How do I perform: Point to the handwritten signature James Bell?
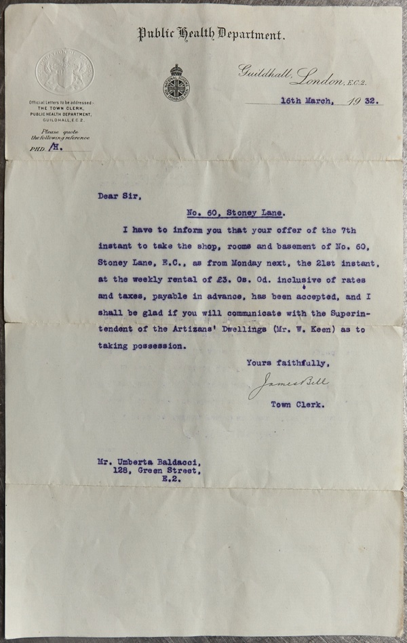[x=289, y=385]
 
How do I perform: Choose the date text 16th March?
[x=307, y=102]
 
